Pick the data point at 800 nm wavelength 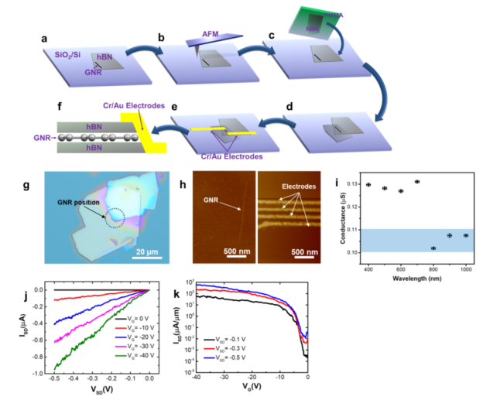click(433, 248)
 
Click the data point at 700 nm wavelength click(417, 182)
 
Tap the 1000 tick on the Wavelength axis click(466, 268)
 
